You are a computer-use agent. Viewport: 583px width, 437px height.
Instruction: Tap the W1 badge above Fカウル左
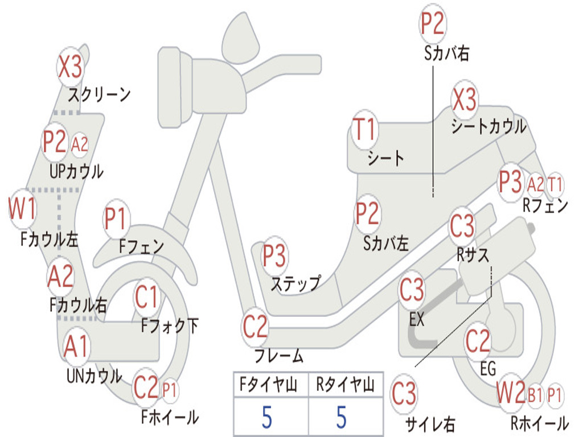22,209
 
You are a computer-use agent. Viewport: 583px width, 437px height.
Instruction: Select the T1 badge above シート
364,130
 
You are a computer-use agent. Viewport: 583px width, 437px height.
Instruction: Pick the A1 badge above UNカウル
76,346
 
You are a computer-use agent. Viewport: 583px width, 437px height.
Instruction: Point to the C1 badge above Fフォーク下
147,296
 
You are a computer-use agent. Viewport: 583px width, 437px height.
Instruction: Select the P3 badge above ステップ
274,255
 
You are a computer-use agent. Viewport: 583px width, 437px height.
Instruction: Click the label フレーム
279,357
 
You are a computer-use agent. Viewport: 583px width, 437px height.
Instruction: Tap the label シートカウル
488,127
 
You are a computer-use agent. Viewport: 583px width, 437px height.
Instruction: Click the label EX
417,319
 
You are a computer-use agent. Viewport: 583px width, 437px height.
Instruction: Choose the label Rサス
473,255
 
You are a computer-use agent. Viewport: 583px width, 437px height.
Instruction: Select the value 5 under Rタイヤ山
341,417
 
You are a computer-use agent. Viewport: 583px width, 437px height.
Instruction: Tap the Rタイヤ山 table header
344,386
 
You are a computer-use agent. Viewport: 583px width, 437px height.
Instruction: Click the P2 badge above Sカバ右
433,24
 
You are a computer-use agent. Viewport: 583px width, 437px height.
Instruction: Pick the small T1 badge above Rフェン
555,184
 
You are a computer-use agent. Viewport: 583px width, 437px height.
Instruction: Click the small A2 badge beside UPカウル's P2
80,145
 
